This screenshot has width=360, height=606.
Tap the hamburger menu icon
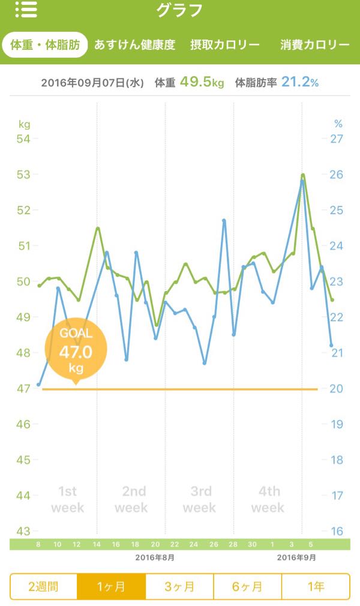tap(26, 10)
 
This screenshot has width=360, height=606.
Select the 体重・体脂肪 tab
tap(45, 45)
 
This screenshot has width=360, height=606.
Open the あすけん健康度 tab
tap(134, 45)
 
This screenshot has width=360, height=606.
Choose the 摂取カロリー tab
tap(224, 45)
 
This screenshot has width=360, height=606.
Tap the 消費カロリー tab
tap(315, 45)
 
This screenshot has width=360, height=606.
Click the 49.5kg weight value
tap(202, 82)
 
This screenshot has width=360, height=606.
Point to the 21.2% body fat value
tap(299, 82)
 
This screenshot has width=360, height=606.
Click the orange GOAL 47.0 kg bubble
tap(76, 350)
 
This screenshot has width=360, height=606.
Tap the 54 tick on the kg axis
tap(23, 139)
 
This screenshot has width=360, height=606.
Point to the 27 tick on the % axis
tap(337, 139)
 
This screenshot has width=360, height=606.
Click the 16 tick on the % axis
tap(337, 531)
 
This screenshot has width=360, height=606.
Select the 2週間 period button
tap(43, 587)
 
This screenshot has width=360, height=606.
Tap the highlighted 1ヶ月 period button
tap(112, 587)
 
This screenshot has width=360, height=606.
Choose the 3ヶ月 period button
tap(179, 587)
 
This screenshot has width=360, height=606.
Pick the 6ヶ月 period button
tap(247, 587)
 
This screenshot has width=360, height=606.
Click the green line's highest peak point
tap(303, 175)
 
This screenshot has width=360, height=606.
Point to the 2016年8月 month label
tap(155, 557)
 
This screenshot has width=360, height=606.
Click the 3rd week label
tap(200, 499)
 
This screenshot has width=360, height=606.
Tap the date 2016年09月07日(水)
tap(92, 83)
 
